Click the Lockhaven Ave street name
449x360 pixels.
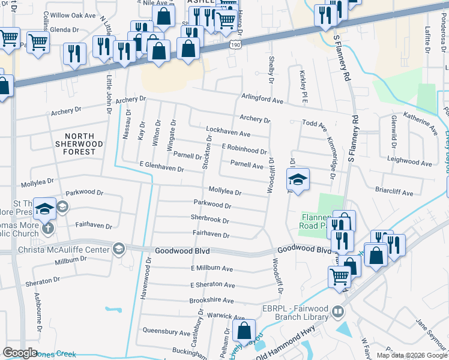pos(228,132)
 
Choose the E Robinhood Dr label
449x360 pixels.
pos(244,149)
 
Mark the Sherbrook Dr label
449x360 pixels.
pos(210,220)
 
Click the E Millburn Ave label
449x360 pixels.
pos(211,269)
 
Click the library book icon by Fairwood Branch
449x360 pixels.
pos(338,312)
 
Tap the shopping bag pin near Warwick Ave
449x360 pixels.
pos(244,331)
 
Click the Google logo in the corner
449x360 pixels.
pos(20,353)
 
